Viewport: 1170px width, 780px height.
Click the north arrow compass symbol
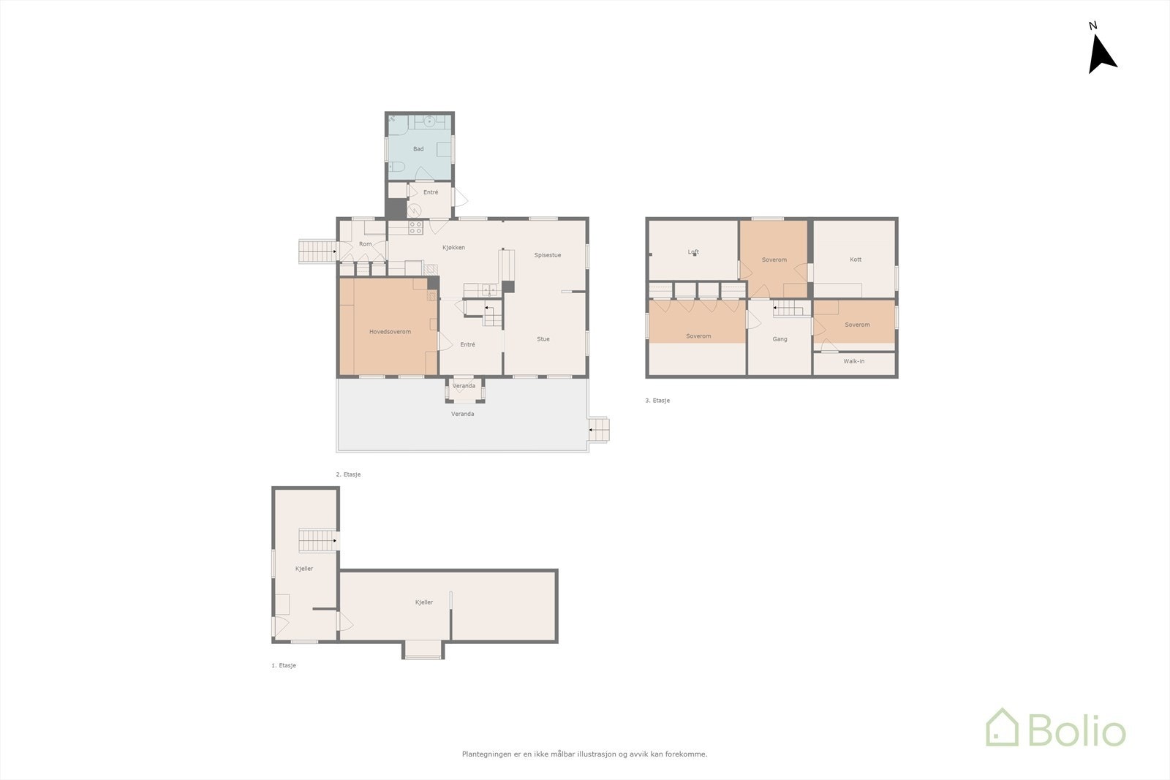1101,55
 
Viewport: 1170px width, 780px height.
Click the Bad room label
418,149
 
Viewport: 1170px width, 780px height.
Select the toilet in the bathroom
396,168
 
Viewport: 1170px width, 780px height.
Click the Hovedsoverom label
390,332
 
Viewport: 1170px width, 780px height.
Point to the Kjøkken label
453,248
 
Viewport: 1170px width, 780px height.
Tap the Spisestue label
547,255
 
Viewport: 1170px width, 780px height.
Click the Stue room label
543,339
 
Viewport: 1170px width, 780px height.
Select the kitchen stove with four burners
415,227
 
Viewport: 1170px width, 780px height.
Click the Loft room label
693,252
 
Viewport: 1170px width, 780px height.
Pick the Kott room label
856,260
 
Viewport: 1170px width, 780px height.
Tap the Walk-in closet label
853,361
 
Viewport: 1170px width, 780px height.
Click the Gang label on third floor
780,339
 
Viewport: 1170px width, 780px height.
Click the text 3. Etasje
657,401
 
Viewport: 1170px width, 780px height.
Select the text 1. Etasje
284,666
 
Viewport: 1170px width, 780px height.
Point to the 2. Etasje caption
348,474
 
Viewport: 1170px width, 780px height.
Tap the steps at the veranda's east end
599,429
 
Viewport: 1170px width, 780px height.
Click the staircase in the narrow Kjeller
316,541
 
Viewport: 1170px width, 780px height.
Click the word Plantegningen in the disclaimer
486,754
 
